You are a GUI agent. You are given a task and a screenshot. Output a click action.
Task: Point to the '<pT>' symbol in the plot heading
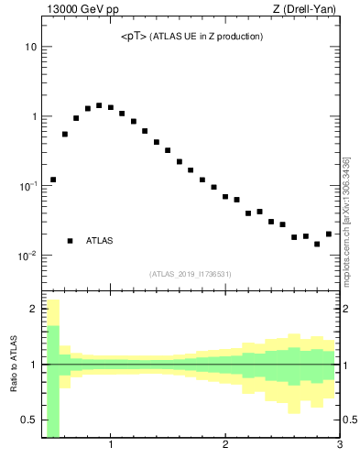coord(133,37)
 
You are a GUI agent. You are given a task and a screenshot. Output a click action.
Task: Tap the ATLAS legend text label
coord(100,241)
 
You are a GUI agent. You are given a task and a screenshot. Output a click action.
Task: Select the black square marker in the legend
coord(71,241)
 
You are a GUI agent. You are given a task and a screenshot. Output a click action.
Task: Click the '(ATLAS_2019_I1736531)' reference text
coord(191,274)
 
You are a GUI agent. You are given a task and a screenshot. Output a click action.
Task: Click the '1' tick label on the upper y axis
coord(33,116)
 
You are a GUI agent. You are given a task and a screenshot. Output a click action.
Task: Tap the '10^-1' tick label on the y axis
coord(27,186)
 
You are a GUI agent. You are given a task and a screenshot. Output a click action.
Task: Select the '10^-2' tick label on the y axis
coord(27,256)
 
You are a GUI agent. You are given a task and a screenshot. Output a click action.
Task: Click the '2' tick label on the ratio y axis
coord(33,309)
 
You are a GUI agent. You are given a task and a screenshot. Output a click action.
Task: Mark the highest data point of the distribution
coord(99,105)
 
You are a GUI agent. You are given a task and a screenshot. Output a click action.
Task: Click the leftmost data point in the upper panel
coord(53,180)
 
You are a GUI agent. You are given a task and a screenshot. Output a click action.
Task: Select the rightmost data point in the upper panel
coord(329,234)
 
